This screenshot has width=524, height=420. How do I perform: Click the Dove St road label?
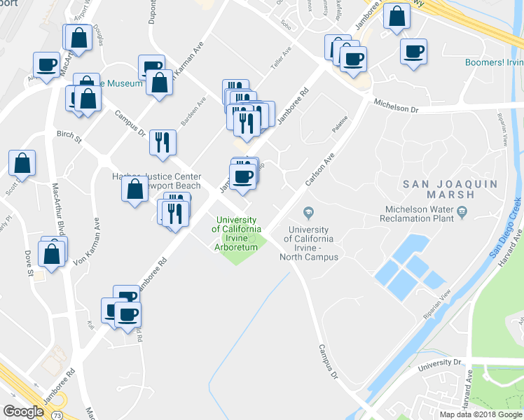click(31, 261)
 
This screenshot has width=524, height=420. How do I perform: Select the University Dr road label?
click(439, 362)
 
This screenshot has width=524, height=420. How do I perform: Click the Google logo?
click(23, 412)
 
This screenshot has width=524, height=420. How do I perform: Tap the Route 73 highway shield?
click(55, 397)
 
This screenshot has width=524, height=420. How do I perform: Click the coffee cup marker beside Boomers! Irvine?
click(413, 52)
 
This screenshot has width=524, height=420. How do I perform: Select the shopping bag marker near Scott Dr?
click(22, 164)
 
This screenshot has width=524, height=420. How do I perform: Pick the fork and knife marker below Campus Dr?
click(162, 142)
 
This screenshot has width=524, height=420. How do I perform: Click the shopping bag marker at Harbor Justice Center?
click(134, 189)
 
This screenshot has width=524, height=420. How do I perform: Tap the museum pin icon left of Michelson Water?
click(462, 211)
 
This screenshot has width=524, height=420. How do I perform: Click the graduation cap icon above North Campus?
click(308, 212)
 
